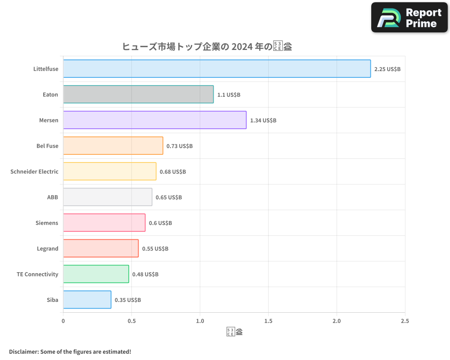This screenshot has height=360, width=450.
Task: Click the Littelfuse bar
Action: pyautogui.click(x=217, y=69)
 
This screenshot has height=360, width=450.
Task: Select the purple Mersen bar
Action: pyautogui.click(x=155, y=120)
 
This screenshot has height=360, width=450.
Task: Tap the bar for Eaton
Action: pyautogui.click(x=138, y=94)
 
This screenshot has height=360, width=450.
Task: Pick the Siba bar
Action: pyautogui.click(x=87, y=300)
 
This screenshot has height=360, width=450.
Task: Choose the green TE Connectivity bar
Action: pyautogui.click(x=96, y=274)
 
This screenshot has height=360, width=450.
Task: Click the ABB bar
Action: pyautogui.click(x=108, y=197)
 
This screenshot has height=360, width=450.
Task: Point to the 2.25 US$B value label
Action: pyautogui.click(x=387, y=69)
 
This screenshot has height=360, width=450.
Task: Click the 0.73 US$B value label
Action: pyautogui.click(x=180, y=146)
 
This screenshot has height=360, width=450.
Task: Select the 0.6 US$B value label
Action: pyautogui.click(x=160, y=223)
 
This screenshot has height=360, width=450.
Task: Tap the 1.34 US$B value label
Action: pyautogui.click(x=263, y=121)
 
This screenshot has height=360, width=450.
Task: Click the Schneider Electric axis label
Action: pyautogui.click(x=34, y=171)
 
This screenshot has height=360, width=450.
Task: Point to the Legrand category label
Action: pyautogui.click(x=47, y=248)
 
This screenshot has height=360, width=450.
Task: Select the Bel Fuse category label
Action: pyautogui.click(x=47, y=146)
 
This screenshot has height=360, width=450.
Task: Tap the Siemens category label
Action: pyautogui.click(x=47, y=223)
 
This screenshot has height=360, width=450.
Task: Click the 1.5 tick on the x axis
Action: pyautogui.click(x=268, y=321)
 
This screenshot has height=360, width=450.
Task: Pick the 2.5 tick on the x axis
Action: pyautogui.click(x=405, y=321)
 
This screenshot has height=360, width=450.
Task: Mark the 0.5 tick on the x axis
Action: pyautogui.click(x=131, y=321)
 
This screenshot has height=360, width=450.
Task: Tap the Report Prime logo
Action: pyautogui.click(x=409, y=18)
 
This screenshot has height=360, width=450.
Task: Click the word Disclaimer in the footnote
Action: pyautogui.click(x=23, y=351)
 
